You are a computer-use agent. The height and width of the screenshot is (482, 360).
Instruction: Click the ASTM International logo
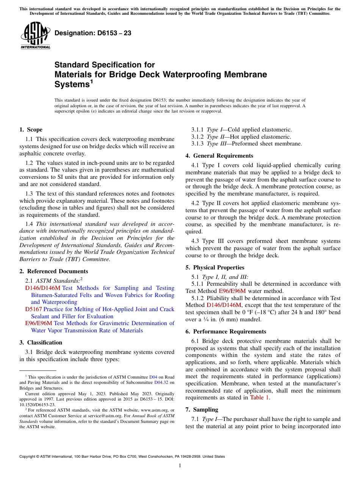[x=35, y=36]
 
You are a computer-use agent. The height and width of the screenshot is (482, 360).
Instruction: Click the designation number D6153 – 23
[x=93, y=33]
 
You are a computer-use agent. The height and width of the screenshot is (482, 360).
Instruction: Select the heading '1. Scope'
[x=31, y=130]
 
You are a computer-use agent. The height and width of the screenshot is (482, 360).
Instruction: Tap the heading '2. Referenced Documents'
[x=54, y=271]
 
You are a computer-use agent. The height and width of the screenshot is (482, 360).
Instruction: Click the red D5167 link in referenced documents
[x=33, y=309]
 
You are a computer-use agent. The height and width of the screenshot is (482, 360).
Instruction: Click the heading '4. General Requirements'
[x=219, y=156]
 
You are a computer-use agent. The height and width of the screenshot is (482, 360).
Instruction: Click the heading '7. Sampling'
[x=202, y=410]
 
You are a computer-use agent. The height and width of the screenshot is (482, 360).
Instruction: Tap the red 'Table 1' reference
[x=260, y=397]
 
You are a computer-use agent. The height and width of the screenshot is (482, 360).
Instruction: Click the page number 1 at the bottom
[x=180, y=466]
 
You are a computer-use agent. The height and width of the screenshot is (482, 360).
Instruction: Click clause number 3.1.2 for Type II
[x=198, y=136]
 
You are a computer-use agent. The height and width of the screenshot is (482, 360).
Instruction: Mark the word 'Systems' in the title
[x=71, y=85]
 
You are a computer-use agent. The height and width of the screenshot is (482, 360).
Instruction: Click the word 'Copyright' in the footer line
[x=29, y=457]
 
